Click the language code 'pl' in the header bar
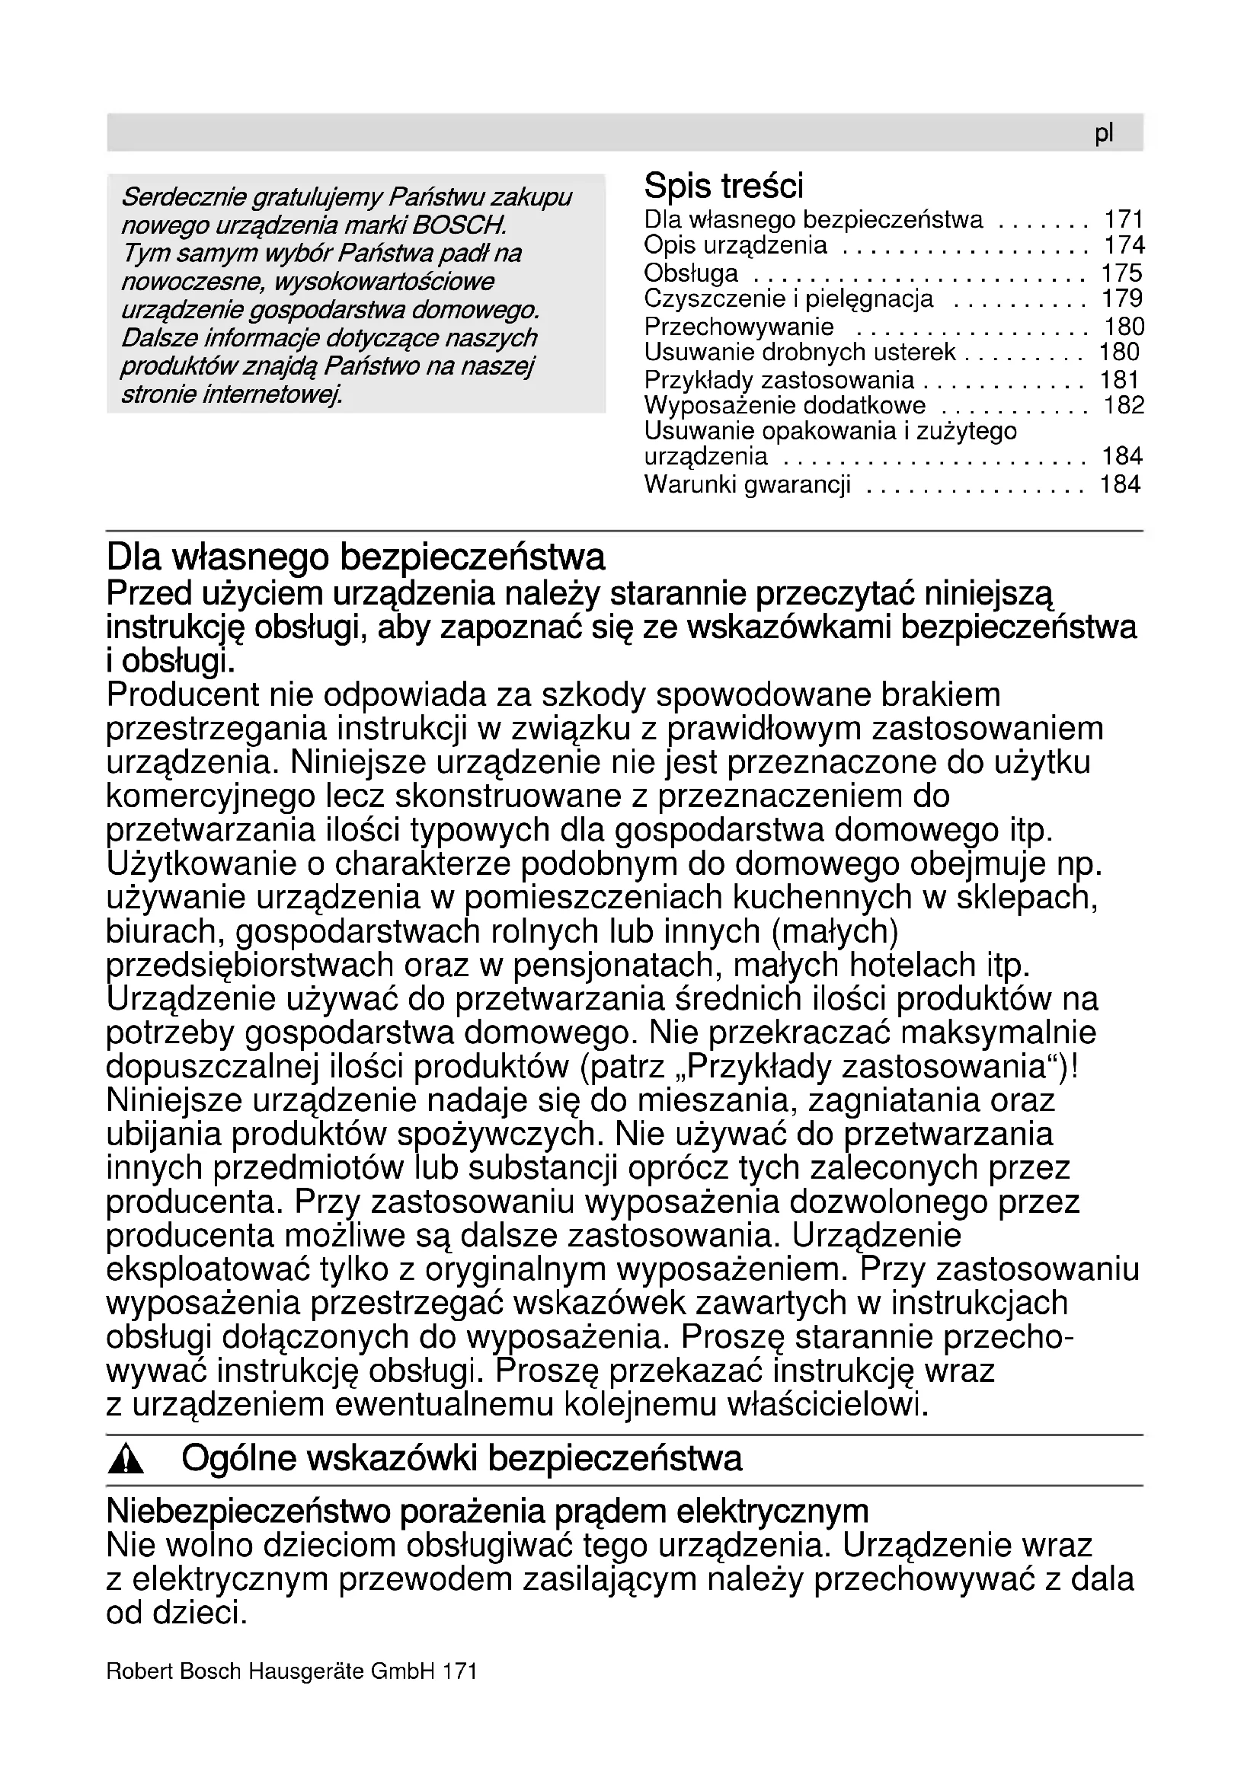coord(1103,134)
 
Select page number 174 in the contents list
coord(1124,246)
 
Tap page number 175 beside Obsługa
coord(1122,273)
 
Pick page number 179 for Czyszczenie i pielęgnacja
coord(1122,298)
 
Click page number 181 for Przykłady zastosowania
coord(1119,380)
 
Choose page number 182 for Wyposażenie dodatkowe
coord(1124,406)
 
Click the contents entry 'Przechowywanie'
coord(739,327)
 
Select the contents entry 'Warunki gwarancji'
coord(747,486)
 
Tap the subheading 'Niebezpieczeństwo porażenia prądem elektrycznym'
coord(488,1512)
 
